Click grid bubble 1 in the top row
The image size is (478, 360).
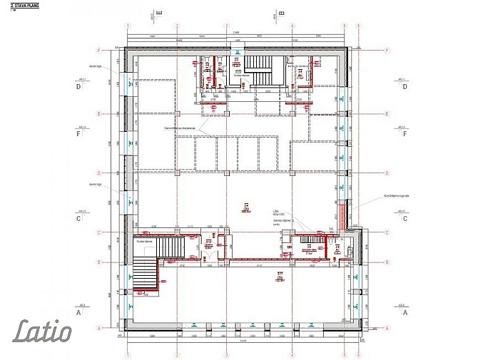coord(128,26)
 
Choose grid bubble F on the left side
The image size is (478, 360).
coord(100,51)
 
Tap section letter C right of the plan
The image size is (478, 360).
coord(405,219)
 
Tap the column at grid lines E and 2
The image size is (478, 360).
coord(176,113)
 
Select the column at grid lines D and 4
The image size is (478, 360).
coord(292,173)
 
